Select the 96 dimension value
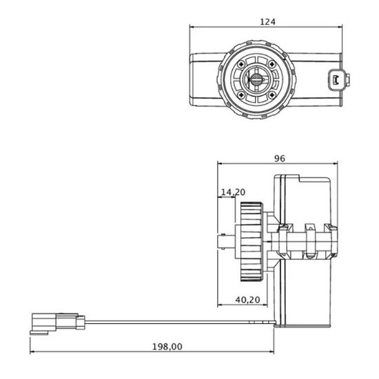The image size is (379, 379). [x=280, y=158]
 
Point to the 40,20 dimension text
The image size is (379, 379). [x=247, y=300]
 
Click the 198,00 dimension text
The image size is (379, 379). [x=168, y=347]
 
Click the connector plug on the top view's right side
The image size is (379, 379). [x=336, y=80]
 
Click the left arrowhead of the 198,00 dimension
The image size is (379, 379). [x=33, y=352]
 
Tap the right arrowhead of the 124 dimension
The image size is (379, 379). [x=340, y=27]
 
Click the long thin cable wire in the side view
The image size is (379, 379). [x=179, y=321]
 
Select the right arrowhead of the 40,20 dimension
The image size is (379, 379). [x=274, y=305]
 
